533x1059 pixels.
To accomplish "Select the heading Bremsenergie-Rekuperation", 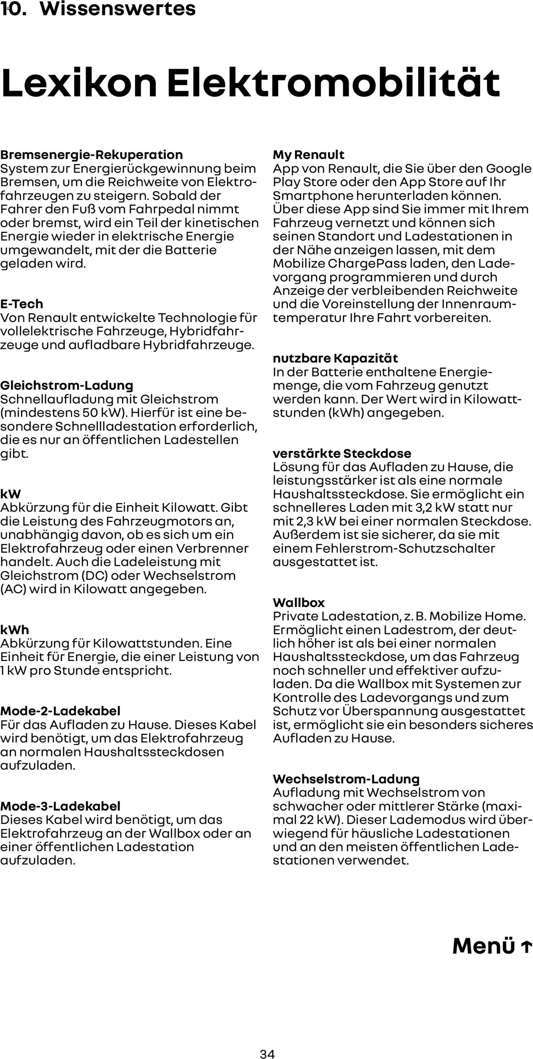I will tap(91, 155).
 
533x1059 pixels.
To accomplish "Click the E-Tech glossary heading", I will tap(22, 304).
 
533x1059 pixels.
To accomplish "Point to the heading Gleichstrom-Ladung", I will tap(67, 385).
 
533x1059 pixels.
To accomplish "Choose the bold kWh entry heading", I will tap(15, 629).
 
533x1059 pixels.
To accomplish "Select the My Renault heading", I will tap(308, 155).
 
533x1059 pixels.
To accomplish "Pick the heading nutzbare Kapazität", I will tap(335, 358).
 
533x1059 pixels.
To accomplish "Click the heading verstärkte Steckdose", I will tap(342, 453).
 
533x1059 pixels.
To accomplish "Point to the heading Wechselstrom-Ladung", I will tap(346, 779).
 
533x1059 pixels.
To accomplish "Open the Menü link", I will tap(484, 946).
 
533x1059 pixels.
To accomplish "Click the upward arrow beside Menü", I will tap(526, 946).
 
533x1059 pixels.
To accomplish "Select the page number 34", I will tap(267, 1053).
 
